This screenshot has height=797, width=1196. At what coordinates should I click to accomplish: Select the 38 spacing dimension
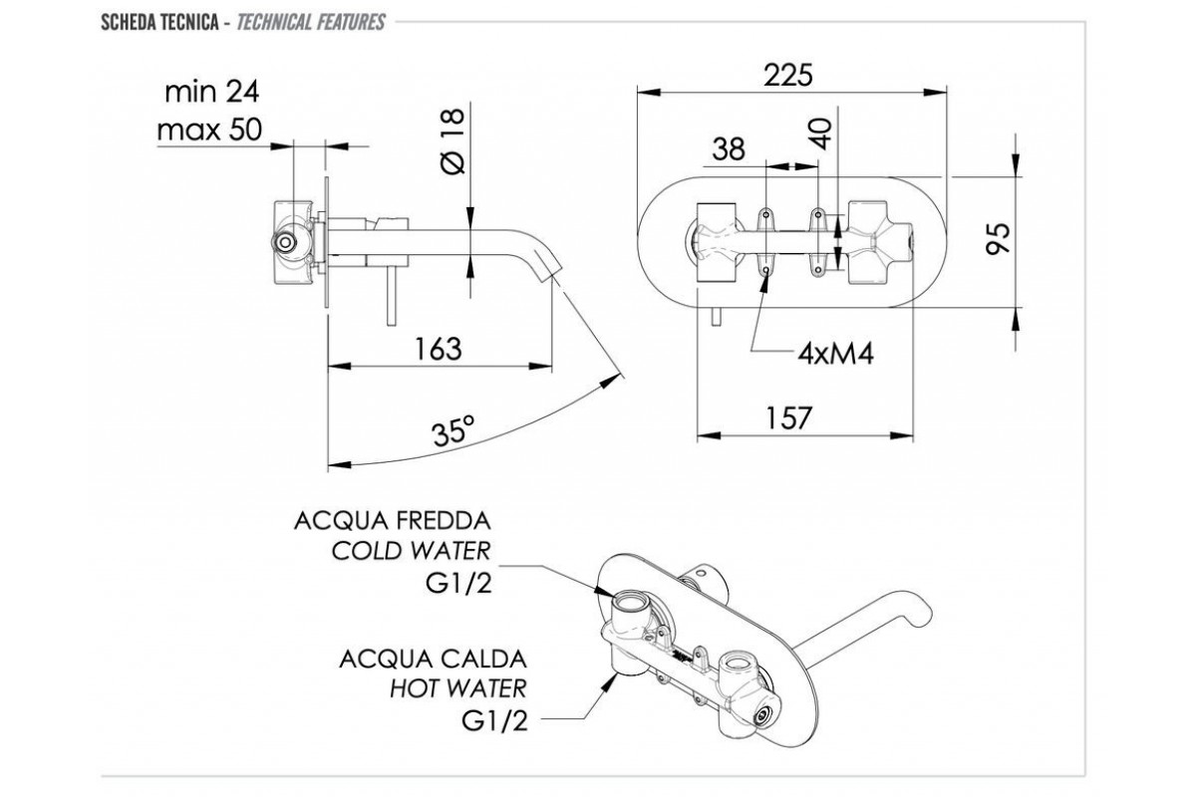(729, 148)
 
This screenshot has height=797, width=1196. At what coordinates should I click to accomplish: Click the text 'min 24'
(211, 92)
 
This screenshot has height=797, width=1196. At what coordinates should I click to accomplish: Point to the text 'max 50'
(209, 129)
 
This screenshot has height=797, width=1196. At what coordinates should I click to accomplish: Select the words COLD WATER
(412, 551)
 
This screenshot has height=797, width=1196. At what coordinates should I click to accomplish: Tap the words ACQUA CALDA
(433, 659)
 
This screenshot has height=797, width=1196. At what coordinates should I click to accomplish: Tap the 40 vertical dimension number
(821, 133)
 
